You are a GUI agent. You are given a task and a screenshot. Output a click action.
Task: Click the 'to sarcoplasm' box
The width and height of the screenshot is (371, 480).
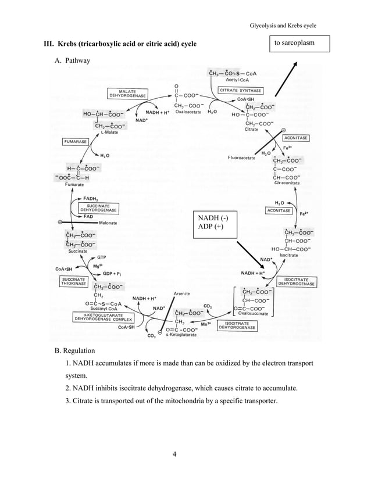click(x=299, y=44)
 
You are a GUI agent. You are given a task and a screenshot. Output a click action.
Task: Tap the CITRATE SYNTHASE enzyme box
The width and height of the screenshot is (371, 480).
click(x=240, y=90)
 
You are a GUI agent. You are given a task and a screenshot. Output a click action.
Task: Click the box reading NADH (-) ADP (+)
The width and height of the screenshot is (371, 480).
click(x=209, y=222)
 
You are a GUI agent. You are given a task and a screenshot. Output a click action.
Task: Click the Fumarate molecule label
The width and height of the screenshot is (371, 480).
click(x=74, y=184)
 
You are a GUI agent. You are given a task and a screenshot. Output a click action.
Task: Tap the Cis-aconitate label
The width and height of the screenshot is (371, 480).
click(x=286, y=182)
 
